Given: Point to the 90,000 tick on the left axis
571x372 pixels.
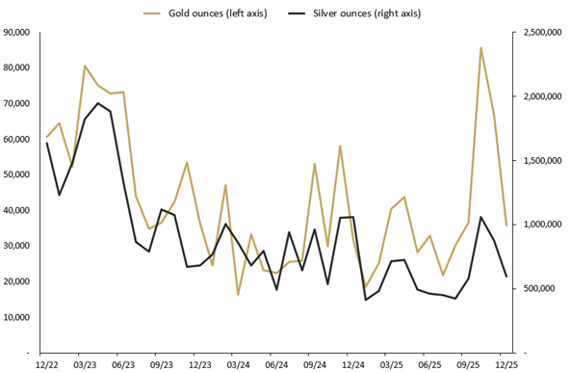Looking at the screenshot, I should click(x=17, y=32).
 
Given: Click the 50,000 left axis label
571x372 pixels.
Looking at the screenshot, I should click(x=17, y=174).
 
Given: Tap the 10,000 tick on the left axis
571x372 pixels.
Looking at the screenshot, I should click(x=17, y=317).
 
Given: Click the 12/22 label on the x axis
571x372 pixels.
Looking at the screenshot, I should click(x=46, y=365).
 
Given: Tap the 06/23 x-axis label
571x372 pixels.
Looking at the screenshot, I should click(x=123, y=365).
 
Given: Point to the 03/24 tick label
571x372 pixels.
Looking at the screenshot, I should click(x=238, y=365).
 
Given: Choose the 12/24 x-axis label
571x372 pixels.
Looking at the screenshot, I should click(x=353, y=365).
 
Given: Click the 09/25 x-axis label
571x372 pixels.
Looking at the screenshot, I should click(x=468, y=365).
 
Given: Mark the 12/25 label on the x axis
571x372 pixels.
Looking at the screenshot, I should click(x=506, y=365).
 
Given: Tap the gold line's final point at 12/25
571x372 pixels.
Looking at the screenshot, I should click(x=506, y=226).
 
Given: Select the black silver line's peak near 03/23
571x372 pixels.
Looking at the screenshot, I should click(x=98, y=103).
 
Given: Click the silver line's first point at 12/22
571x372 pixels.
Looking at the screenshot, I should click(x=46, y=143).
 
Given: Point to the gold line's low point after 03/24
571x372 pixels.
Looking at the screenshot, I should click(x=238, y=294).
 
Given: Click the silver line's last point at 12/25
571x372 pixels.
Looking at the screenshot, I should click(x=506, y=278).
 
